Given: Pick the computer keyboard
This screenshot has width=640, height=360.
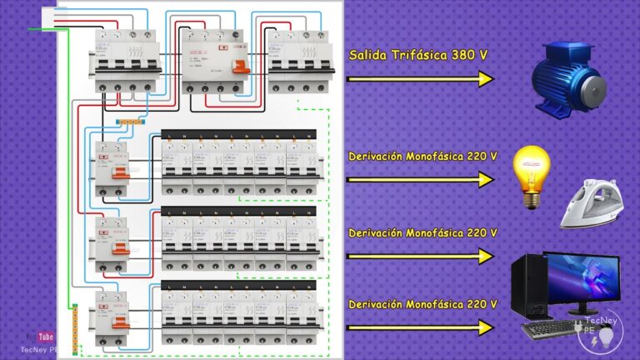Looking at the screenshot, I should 551,329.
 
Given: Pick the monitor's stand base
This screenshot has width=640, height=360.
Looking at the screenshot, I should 583,312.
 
